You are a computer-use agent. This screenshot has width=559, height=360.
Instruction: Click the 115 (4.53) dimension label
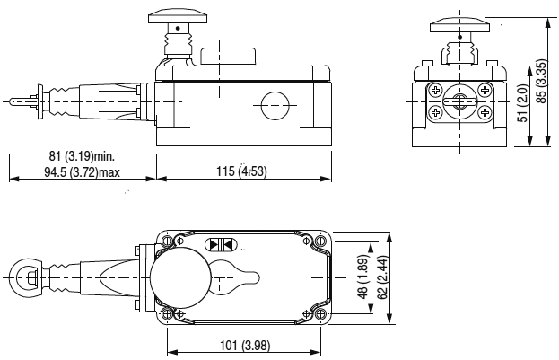coord(241,171)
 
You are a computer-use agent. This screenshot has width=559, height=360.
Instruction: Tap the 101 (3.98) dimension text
coord(245,346)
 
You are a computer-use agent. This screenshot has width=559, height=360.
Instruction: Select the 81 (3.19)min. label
coord(82,156)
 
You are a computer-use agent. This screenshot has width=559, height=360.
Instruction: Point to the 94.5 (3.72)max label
coord(82,172)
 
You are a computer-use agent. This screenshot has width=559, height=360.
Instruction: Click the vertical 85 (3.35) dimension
coord(542,82)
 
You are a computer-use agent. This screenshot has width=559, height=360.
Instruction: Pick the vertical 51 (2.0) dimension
coord(523,102)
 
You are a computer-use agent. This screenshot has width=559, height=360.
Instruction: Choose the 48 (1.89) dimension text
coord(362,277)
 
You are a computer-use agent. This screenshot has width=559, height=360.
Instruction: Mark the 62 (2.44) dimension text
coord(382,277)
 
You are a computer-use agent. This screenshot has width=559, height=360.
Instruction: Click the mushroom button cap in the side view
coord(179,15)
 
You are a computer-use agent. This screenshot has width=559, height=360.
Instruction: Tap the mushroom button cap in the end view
coord(459,24)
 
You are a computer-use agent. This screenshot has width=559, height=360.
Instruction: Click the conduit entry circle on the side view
coord(275,106)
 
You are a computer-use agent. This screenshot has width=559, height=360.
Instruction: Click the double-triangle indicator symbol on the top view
coord(222,244)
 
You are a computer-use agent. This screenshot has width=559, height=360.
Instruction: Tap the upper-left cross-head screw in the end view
coord(435,90)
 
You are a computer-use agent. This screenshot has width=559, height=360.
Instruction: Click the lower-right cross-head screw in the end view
coord(484,113)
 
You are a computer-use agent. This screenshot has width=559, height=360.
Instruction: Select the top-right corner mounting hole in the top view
coord(321,241)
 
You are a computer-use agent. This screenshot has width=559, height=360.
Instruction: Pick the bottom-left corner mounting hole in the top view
coord(167,314)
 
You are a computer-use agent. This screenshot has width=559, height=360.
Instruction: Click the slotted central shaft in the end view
coord(459,101)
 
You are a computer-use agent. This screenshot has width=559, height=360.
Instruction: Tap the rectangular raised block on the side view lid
coord(228,56)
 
